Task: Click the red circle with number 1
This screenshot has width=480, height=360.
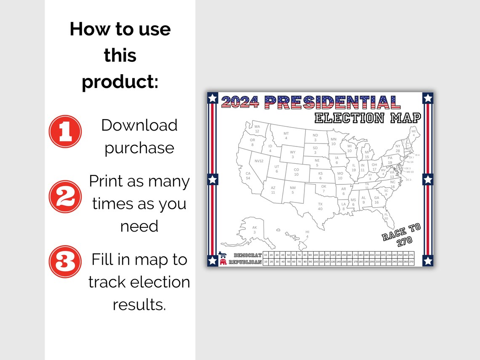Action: (65, 131)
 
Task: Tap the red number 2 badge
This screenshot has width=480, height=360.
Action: (65, 197)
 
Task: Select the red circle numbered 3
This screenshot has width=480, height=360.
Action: (65, 262)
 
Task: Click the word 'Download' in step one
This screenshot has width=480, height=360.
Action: (139, 125)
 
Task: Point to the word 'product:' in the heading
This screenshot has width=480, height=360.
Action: (120, 81)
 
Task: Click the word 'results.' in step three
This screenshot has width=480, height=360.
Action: (139, 304)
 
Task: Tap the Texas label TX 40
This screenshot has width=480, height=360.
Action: (320, 206)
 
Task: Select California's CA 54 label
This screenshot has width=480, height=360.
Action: (248, 176)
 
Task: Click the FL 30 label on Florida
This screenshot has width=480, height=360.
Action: (386, 216)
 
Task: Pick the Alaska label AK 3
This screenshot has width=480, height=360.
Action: (254, 230)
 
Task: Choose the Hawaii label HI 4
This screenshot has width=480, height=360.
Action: (307, 234)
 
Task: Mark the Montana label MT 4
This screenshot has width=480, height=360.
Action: (286, 136)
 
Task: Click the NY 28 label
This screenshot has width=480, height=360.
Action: (398, 148)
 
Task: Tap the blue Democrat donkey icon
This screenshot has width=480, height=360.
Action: (223, 255)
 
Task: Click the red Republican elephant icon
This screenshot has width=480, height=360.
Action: (223, 262)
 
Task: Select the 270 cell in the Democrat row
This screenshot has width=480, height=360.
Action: (411, 255)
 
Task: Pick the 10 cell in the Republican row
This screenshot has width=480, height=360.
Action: (265, 262)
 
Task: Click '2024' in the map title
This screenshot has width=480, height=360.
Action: (240, 102)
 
